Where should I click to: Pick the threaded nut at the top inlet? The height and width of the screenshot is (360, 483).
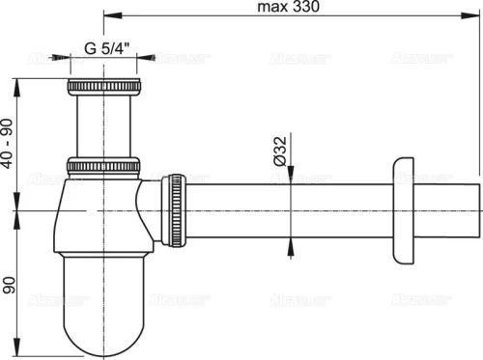point(104,90)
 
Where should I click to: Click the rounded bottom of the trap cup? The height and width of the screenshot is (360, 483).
point(104,328)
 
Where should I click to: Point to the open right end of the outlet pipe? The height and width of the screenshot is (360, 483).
point(477,210)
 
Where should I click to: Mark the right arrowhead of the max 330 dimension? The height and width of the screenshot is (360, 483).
point(475,16)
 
